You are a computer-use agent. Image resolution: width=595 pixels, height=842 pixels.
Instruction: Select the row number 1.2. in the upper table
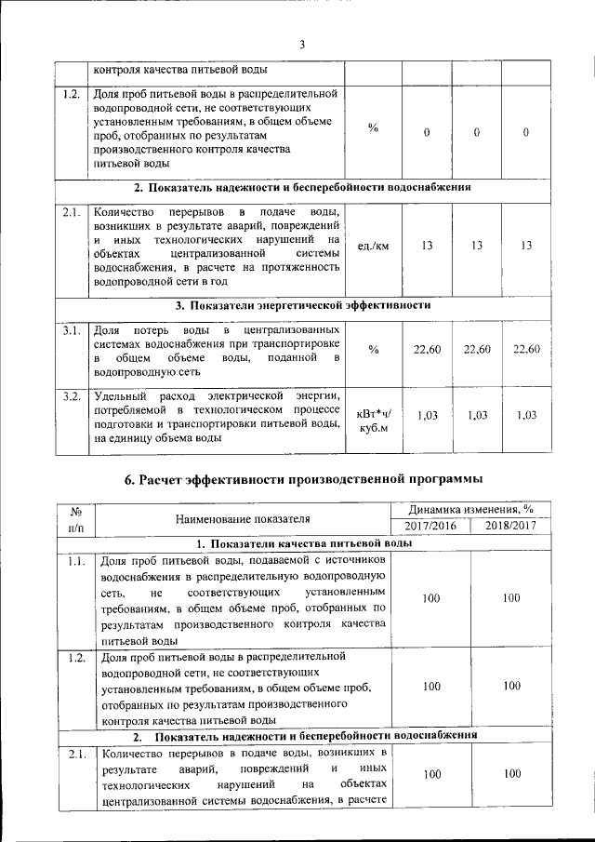pos(71,94)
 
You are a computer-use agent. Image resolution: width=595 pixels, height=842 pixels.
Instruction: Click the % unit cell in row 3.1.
pos(373,350)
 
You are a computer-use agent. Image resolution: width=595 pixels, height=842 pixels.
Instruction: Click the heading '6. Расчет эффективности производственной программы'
pos(303,480)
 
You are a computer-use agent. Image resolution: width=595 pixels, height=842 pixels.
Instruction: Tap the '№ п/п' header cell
pos(76,518)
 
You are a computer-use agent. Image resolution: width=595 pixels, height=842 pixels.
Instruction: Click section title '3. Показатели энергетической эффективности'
pos(303,305)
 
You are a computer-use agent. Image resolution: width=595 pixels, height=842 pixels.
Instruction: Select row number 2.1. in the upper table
pos(71,211)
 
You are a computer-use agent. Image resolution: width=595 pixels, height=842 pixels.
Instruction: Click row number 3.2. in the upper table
pos(71,397)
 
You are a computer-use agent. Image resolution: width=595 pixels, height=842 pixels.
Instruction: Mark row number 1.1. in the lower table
pos(76,561)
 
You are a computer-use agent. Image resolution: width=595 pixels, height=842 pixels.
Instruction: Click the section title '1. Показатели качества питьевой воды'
pos(303,543)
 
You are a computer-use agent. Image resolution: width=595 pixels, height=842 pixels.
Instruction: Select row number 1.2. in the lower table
pos(76,658)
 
